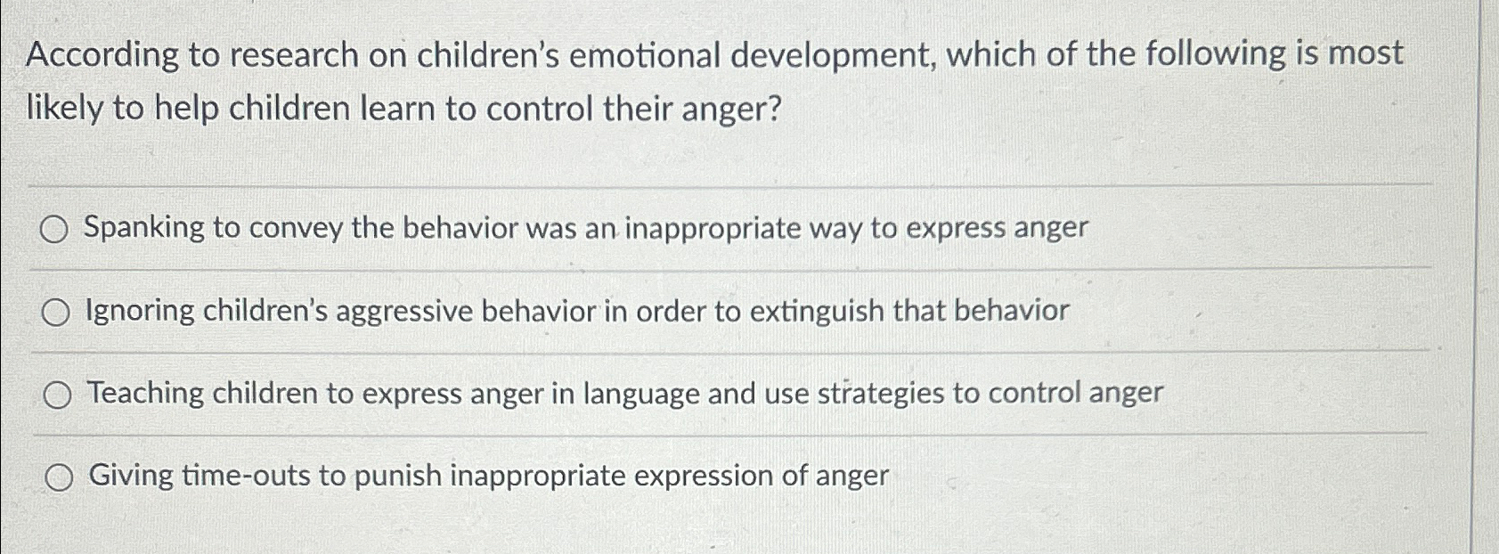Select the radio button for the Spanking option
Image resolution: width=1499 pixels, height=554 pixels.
[x=53, y=231]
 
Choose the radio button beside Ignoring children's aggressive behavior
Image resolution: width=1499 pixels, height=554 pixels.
[x=55, y=313]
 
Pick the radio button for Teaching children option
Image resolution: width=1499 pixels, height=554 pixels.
[x=57, y=395]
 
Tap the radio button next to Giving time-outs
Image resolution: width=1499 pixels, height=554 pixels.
[x=60, y=478]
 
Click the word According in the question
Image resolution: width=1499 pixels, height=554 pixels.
[x=102, y=56]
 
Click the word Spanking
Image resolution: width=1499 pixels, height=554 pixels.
[x=144, y=228]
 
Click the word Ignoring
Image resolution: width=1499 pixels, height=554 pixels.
[x=140, y=312]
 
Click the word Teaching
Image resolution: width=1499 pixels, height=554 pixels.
[x=145, y=394]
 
